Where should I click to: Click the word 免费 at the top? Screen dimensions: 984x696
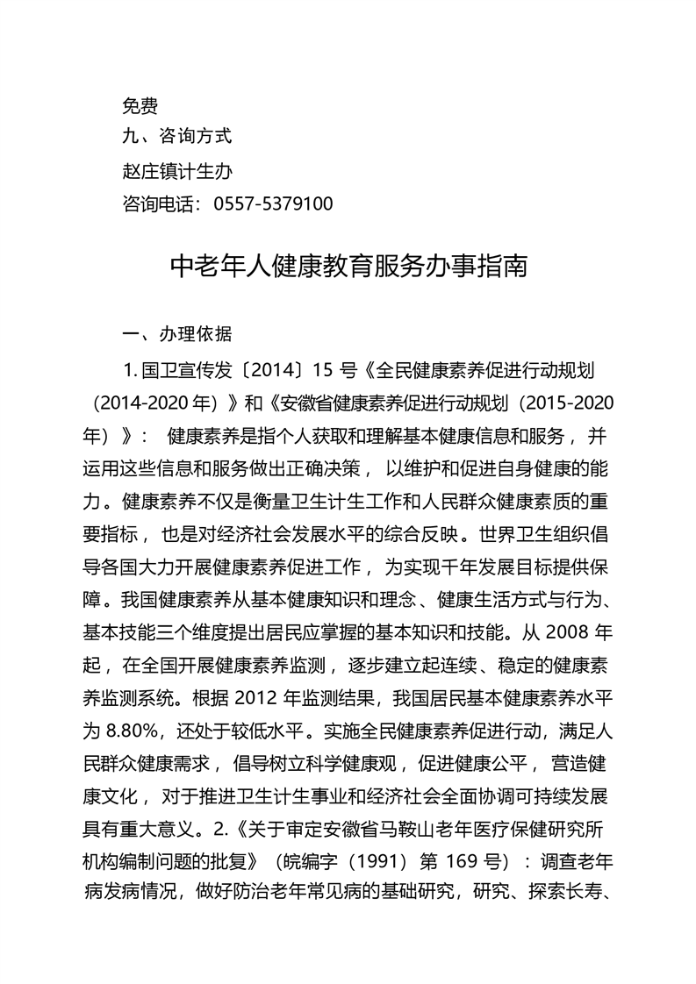pos(140,106)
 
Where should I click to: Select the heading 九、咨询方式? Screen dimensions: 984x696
pos(176,136)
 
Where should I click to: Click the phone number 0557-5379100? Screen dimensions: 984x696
pos(273,203)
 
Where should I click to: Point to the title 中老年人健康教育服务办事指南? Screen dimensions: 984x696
pos(348,267)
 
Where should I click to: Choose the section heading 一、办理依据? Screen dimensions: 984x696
pos(177,334)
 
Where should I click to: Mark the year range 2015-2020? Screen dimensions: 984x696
pos(570,403)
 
